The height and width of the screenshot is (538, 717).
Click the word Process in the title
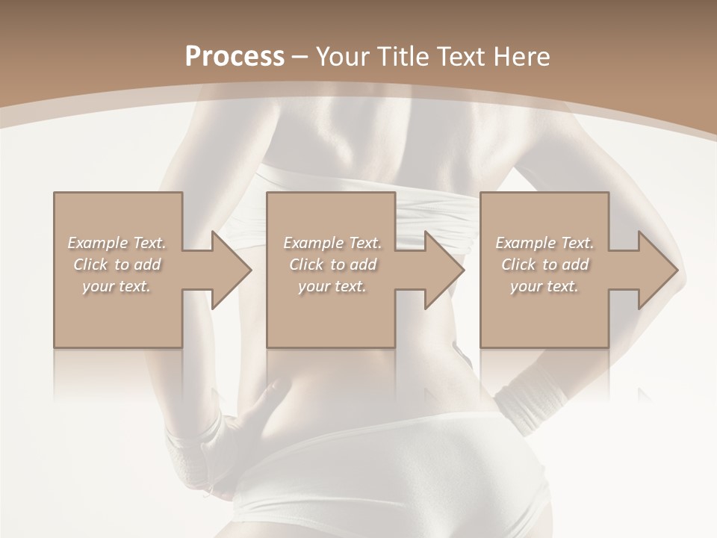pos(235,56)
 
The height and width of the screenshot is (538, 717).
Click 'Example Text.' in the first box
pos(117,243)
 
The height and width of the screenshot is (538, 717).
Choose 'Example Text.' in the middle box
pos(332,243)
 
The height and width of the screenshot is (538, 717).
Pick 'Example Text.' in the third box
pos(544,243)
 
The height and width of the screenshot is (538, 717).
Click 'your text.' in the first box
pos(117,286)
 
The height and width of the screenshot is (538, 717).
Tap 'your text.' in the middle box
pos(332,286)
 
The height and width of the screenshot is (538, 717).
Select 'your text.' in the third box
pos(544,286)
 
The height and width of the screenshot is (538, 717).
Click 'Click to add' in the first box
pos(117,265)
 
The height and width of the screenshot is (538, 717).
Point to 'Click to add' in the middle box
pos(332,265)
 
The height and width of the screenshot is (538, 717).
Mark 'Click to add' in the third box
pos(544,265)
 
